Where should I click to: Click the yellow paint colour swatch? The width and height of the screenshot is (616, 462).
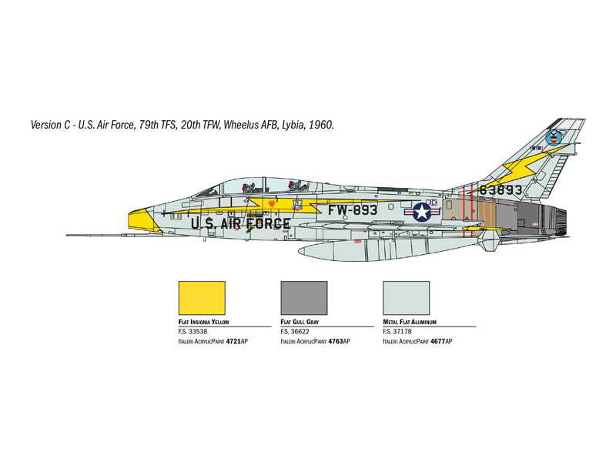click(x=202, y=298)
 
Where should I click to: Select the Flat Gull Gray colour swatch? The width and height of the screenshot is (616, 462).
click(x=304, y=298)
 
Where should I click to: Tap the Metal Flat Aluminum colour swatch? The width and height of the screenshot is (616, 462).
click(x=407, y=298)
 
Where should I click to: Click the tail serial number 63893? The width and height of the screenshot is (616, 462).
click(x=500, y=190)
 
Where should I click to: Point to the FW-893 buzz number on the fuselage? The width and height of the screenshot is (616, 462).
click(x=353, y=210)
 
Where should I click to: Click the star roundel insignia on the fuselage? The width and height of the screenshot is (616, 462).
click(x=422, y=212)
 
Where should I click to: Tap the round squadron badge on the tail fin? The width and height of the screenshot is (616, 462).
click(x=554, y=138)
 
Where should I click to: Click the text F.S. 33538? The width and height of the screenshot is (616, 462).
click(x=193, y=332)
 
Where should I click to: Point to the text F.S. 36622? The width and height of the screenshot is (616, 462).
click(x=295, y=332)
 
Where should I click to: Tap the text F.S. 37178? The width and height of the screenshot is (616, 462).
click(x=397, y=332)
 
